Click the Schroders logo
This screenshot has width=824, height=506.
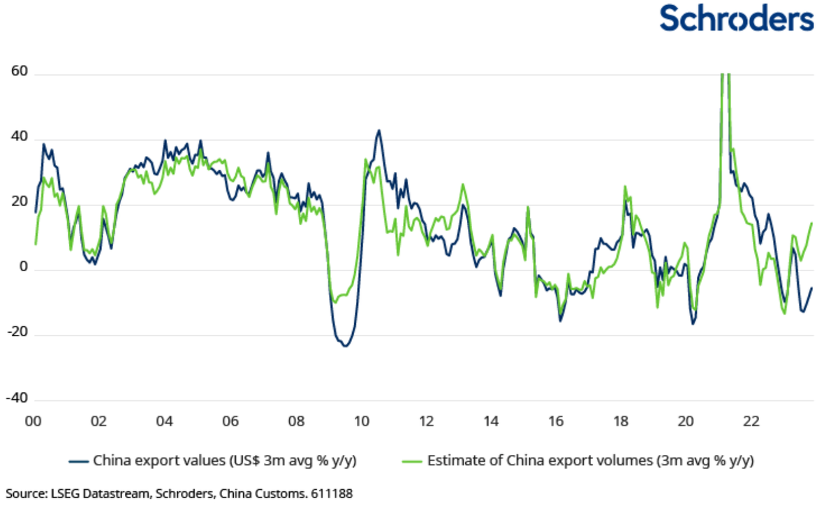[737, 19]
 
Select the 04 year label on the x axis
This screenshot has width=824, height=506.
[163, 421]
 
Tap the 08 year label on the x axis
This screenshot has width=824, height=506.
[295, 421]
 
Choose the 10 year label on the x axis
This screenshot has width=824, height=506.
[361, 421]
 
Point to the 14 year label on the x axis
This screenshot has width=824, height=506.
[492, 421]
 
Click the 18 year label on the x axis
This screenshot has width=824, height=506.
[621, 421]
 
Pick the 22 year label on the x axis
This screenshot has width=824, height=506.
[751, 421]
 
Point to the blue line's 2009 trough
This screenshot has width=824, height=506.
[345, 346]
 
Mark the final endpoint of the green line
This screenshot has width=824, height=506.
[811, 223]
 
